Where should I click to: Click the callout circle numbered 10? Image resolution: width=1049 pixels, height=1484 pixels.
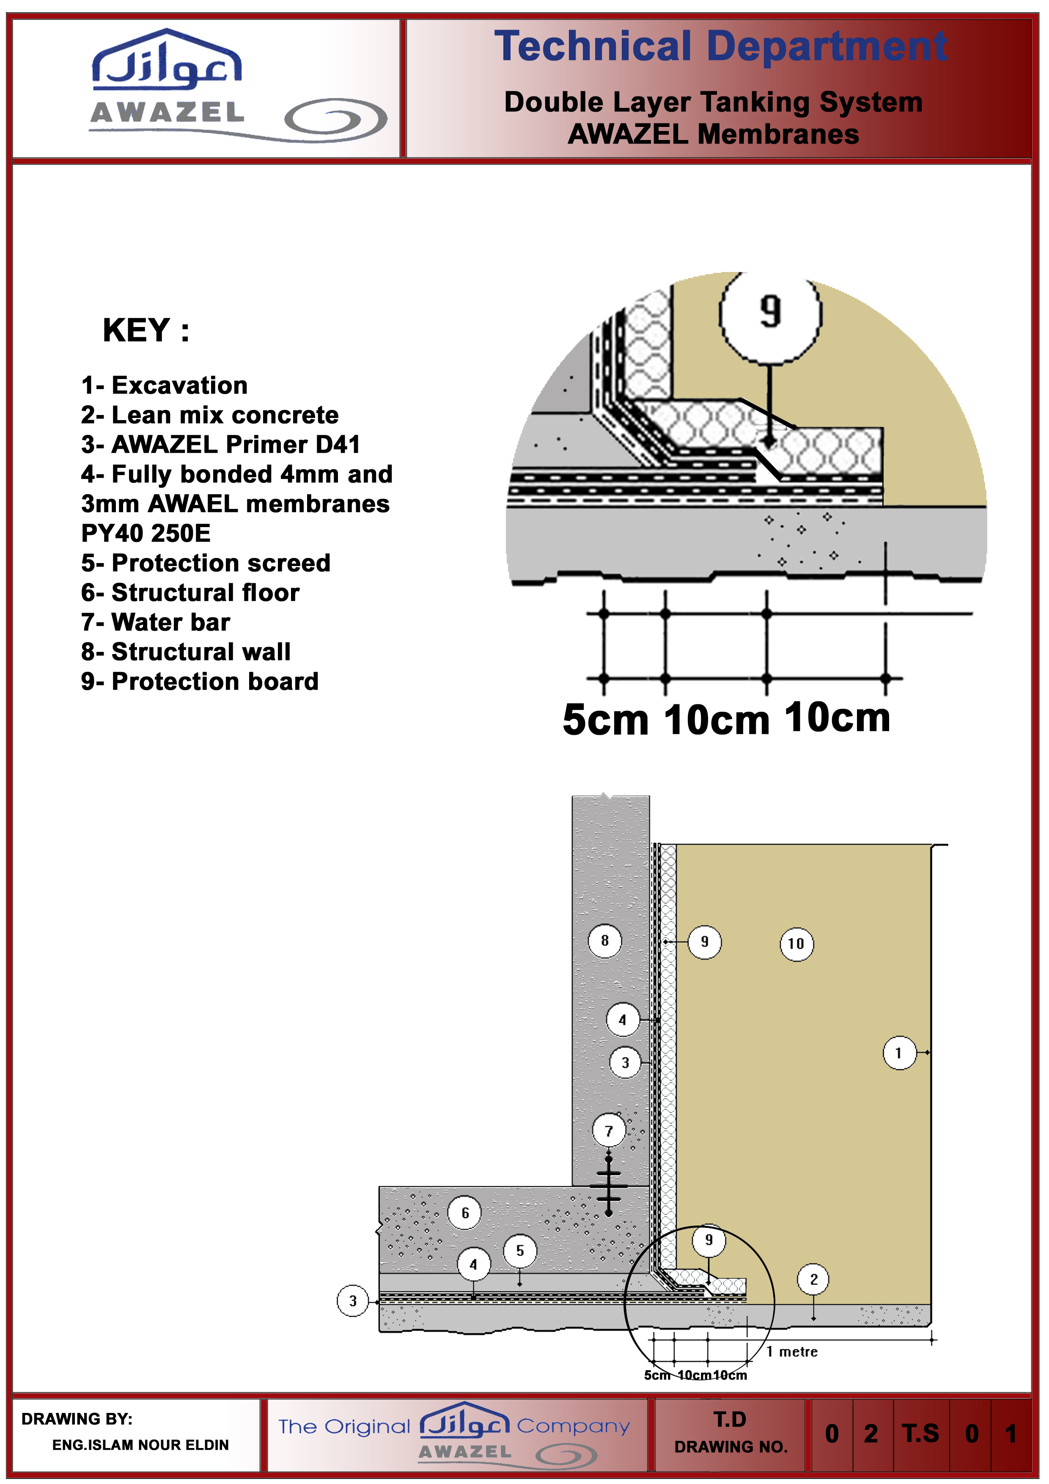[x=796, y=944]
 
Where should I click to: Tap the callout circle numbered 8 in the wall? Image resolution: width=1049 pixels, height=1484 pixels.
[x=604, y=940]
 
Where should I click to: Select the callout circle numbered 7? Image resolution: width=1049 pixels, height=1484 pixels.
[x=609, y=1130]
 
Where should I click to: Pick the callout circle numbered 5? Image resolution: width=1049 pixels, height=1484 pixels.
[x=520, y=1250]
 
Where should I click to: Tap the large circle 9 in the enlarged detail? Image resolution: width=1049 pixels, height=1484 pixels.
[x=770, y=313]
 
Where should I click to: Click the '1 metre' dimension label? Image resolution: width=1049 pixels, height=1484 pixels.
[x=792, y=1352]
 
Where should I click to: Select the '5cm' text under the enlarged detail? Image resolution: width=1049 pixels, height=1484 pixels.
[x=605, y=720]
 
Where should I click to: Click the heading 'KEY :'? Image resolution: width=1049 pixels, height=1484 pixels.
[x=146, y=330]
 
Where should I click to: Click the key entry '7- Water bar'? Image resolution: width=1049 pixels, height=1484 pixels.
[x=156, y=622]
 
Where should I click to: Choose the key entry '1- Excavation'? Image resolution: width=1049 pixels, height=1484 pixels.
[x=164, y=385]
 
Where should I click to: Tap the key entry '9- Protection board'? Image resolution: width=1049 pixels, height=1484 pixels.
[x=200, y=681]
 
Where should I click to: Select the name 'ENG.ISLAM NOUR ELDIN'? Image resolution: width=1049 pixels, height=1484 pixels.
[x=140, y=1445]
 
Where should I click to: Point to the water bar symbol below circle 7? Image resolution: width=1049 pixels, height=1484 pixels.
[x=609, y=1187]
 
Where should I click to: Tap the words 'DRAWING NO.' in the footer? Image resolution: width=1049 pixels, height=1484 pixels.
[x=730, y=1446]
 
